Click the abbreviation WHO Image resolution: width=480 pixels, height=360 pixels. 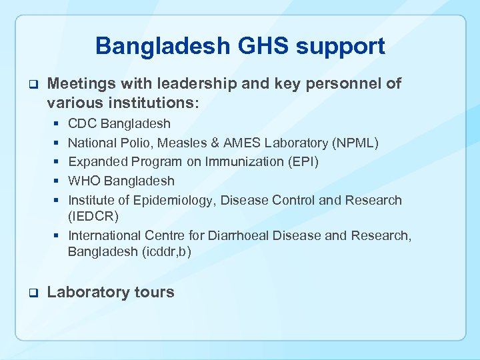[85, 181]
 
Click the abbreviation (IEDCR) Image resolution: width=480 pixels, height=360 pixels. [93, 216]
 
